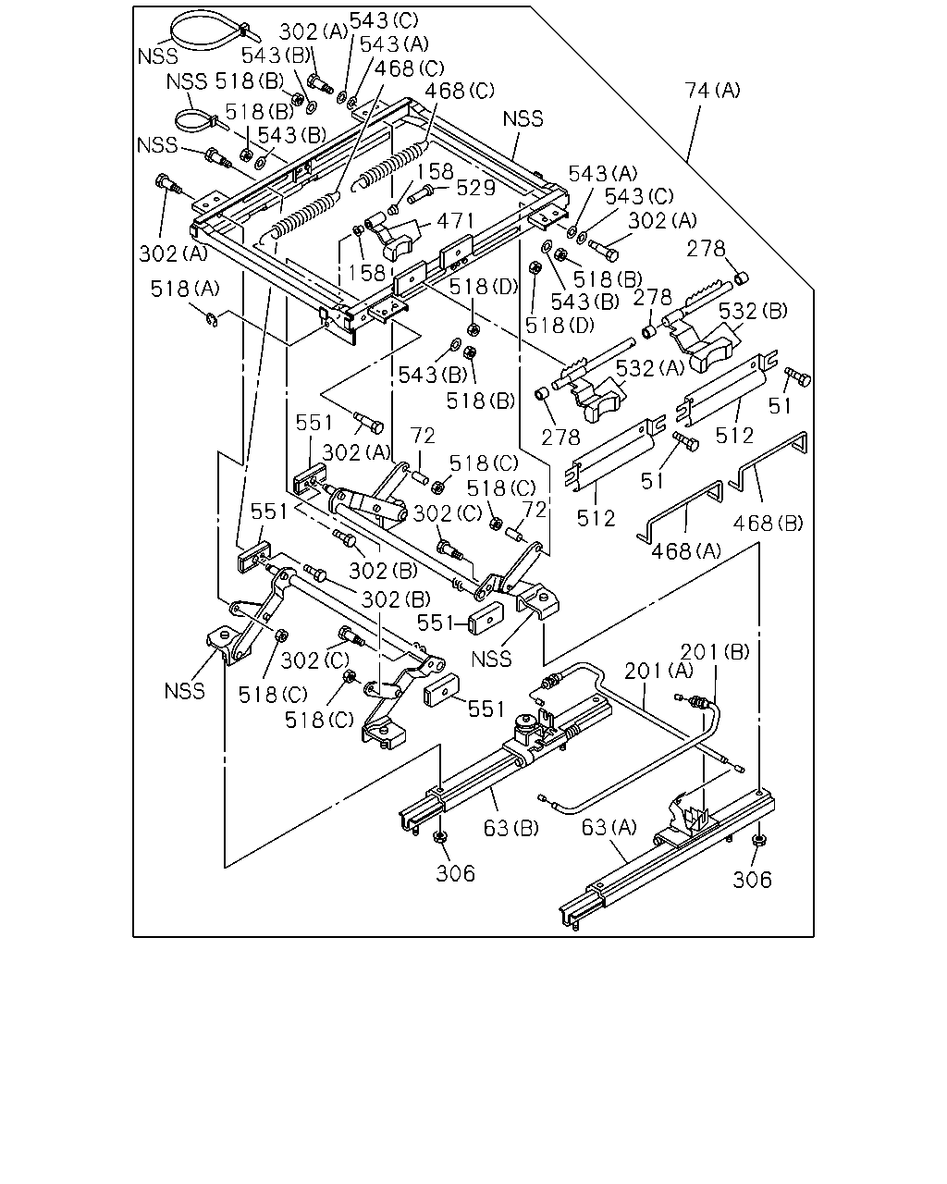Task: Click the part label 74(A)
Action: pos(712,91)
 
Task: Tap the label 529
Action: pos(476,188)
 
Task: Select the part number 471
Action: pos(455,221)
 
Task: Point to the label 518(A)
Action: pos(185,289)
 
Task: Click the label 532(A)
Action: pos(650,367)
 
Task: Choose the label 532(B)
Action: pos(753,311)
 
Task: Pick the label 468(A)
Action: pos(685,550)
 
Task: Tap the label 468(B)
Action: pos(768,523)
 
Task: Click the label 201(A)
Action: pos(658,671)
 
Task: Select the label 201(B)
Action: pos(715,652)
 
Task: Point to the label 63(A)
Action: pos(609,827)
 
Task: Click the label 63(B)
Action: pos(511,828)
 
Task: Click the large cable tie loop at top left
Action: pos(208,31)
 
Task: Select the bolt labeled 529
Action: pos(422,194)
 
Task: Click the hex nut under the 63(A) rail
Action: pos(757,841)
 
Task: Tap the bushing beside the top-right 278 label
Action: pos(742,278)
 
